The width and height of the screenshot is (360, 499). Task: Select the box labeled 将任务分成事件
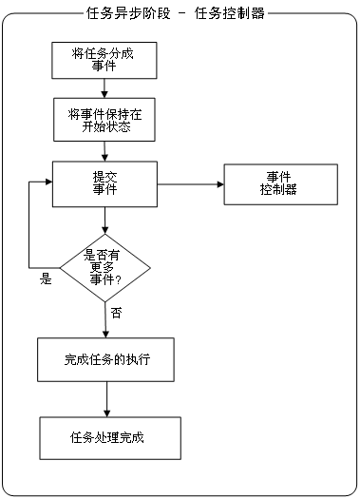click(104, 60)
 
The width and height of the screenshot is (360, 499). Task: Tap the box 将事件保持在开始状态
click(104, 121)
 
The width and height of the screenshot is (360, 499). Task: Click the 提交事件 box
click(104, 184)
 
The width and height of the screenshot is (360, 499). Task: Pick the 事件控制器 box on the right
click(279, 183)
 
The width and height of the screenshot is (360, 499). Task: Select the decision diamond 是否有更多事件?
click(104, 267)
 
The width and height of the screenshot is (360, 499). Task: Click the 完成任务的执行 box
click(105, 360)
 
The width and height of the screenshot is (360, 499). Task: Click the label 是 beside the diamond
click(45, 279)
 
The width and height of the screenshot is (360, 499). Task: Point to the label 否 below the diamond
click(116, 312)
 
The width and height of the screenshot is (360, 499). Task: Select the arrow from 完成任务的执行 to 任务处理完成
click(105, 398)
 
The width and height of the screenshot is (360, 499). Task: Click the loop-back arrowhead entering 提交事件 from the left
click(47, 184)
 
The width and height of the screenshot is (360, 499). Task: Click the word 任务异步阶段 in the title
click(120, 13)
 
